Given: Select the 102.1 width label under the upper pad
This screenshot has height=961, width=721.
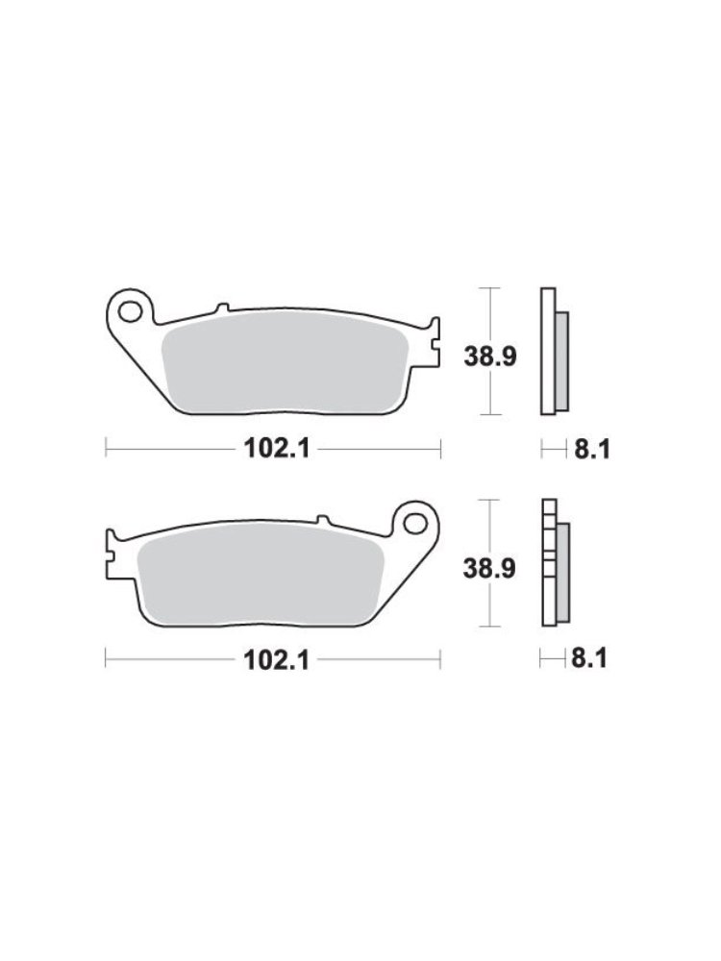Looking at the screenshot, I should point(272,448).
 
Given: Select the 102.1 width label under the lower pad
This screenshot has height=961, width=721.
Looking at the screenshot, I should point(272,659).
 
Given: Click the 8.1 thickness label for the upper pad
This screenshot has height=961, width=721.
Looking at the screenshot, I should point(591,449).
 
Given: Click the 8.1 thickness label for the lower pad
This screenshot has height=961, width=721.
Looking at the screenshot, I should point(591,659).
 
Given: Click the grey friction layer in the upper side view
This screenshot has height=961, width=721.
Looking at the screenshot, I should point(562,357).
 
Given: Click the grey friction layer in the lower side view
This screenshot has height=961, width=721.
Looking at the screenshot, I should point(562,568).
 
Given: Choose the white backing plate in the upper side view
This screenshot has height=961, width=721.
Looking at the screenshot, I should point(548,352).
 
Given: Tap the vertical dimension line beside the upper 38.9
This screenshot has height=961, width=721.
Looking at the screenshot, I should point(491,317).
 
